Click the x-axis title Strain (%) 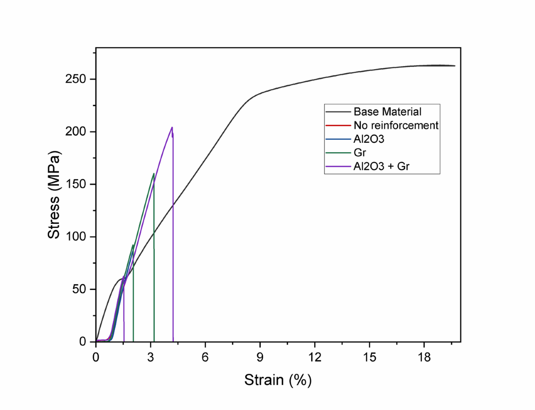pos(277,380)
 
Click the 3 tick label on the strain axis pos(151,357)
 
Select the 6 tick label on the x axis pos(206,357)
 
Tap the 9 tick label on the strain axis pos(260,357)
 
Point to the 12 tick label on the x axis pos(315,357)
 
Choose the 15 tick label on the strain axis pos(369,357)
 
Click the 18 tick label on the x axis pos(424,357)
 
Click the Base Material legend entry pos(387,112)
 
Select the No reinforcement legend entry pos(396,125)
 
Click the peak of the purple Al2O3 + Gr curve pos(172,128)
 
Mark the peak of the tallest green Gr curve pos(153,174)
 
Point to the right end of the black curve pos(455,66)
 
